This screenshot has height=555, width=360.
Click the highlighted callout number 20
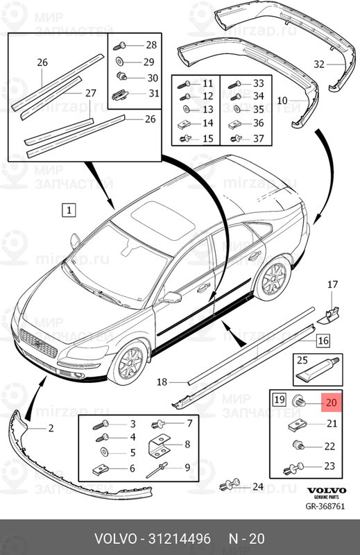[x=332, y=403]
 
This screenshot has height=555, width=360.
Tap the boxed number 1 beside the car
[x=69, y=210]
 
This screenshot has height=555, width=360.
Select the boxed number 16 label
[x=323, y=341]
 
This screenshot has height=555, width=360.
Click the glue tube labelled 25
[x=318, y=371]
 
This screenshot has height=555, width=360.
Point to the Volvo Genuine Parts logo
[x=327, y=493]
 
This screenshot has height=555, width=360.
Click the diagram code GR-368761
[x=325, y=506]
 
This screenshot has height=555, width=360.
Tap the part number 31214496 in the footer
[x=179, y=539]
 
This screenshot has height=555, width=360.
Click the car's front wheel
[x=128, y=363]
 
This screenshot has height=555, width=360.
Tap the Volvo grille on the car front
[x=39, y=343]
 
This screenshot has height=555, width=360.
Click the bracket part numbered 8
[x=158, y=445]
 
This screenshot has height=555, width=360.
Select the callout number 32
[x=319, y=64]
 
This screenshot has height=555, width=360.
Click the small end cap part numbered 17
[x=328, y=315]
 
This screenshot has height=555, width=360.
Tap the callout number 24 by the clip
[x=258, y=487]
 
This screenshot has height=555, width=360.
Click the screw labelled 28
[x=119, y=46]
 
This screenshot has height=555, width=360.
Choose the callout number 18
[x=162, y=382]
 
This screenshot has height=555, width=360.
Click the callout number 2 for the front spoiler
[x=51, y=428]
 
